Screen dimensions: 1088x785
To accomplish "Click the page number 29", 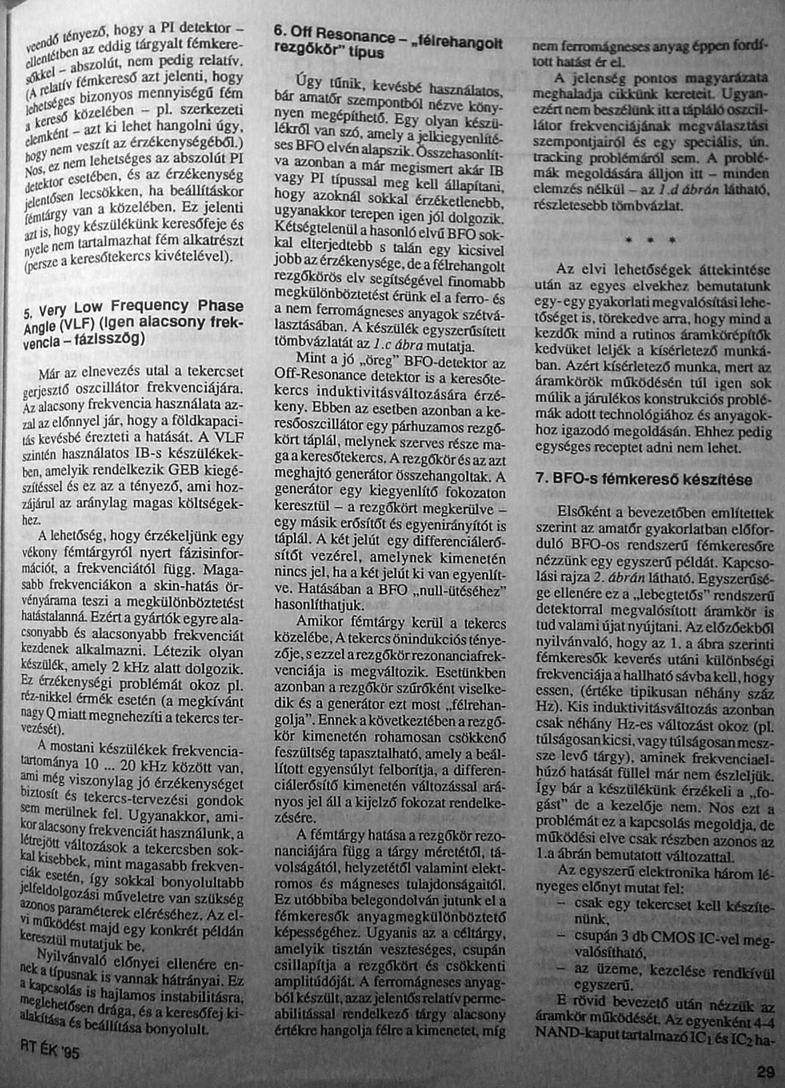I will point(766,1073).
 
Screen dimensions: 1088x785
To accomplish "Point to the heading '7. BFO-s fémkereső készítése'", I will point(643,480).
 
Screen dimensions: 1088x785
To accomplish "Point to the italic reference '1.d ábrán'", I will point(690,191).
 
